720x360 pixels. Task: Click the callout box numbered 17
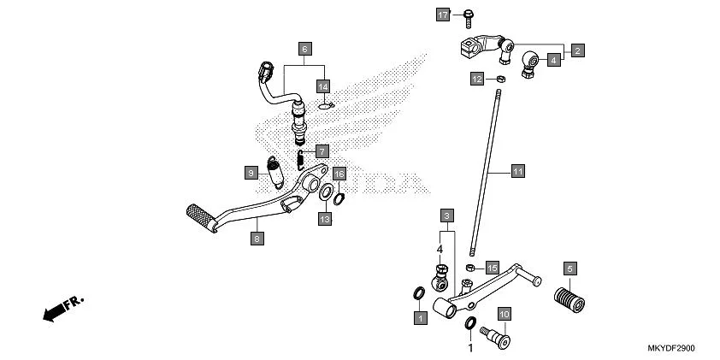(x=443, y=15)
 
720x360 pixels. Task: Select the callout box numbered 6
(x=304, y=48)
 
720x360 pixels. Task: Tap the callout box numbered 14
(x=323, y=86)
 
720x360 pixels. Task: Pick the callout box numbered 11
(x=516, y=171)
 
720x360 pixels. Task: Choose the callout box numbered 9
(x=251, y=173)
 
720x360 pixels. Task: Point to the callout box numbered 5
(x=570, y=268)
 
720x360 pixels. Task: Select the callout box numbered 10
(x=504, y=314)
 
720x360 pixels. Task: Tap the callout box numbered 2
(x=578, y=50)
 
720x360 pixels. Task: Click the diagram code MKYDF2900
(x=670, y=351)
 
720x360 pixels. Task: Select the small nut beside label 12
(x=500, y=79)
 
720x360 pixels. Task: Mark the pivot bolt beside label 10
(x=493, y=337)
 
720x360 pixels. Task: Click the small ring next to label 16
(x=339, y=199)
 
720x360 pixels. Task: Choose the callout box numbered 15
(x=492, y=268)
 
